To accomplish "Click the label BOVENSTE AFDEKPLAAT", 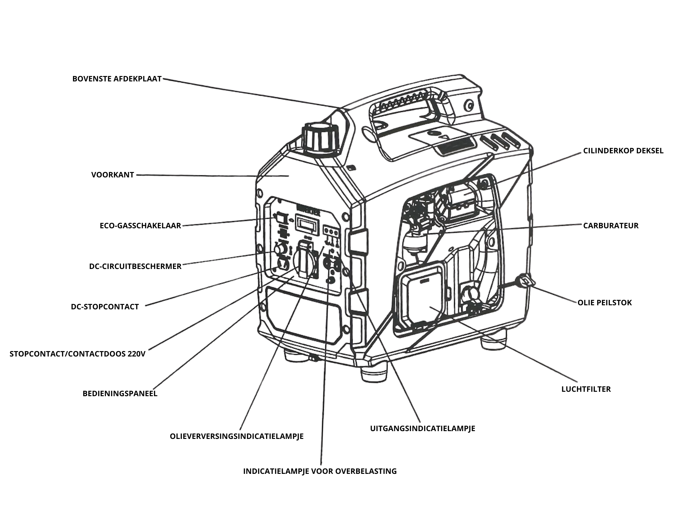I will point(117,79).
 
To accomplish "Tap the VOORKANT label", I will point(113,175).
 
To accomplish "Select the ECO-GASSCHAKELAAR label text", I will point(140,226).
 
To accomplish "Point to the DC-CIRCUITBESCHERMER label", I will point(135,266).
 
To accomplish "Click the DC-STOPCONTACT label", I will point(105,307).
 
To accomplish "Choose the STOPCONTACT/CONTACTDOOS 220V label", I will point(77,354).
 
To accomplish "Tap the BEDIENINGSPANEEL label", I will point(120,393).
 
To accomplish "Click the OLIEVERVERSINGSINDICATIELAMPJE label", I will point(237,436).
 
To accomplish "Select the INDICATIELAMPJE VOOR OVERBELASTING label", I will point(320,471).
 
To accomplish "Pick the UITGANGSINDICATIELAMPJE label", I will point(422,428).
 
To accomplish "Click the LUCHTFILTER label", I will point(586,389).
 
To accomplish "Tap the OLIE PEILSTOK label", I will point(604,303).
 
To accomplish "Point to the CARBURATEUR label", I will point(611,226).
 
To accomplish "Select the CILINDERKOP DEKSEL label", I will point(623,151).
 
